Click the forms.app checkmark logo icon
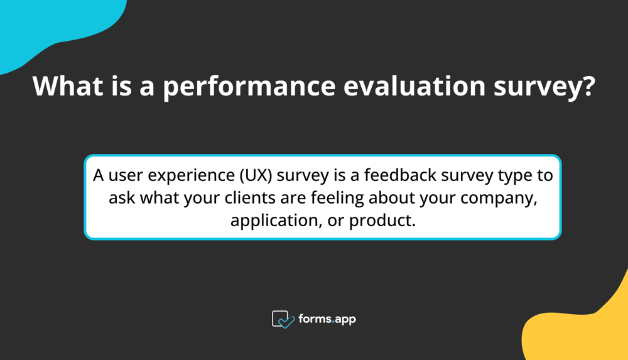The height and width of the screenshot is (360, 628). [x=283, y=319]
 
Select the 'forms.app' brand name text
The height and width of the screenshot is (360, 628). [x=328, y=319]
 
